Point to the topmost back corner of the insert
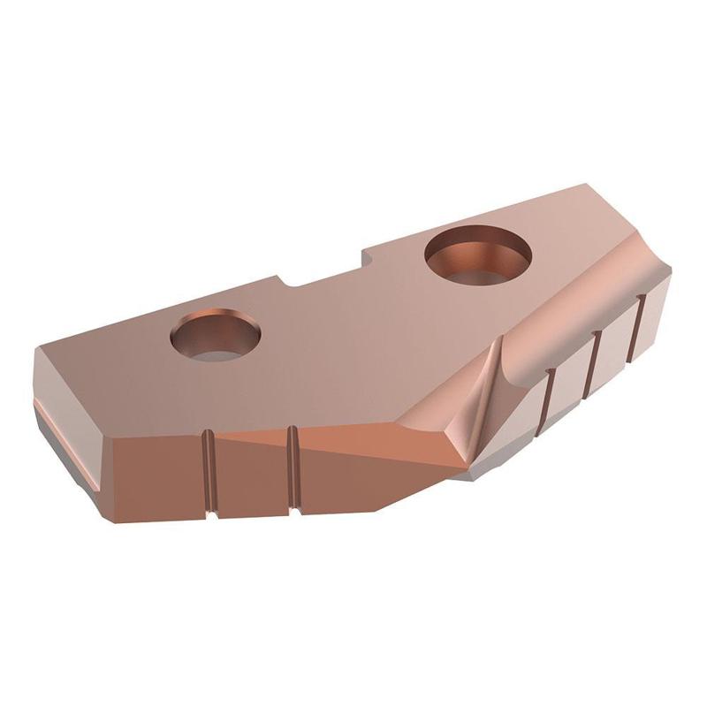pos(583,186)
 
